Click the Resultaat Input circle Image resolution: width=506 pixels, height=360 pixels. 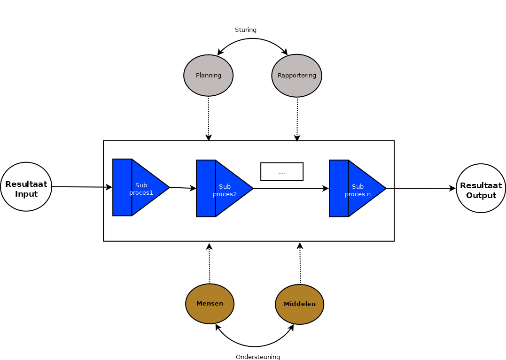coord(26,187)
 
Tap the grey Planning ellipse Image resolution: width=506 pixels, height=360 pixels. coord(208,76)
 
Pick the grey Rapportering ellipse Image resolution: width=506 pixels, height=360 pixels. coord(296,76)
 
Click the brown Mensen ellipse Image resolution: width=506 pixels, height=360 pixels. coord(210,304)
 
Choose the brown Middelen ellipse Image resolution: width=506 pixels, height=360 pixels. coord(299,304)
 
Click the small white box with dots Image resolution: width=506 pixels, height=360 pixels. coord(282,172)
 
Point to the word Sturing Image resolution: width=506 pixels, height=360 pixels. coord(246,30)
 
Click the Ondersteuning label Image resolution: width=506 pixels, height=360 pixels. coord(257,357)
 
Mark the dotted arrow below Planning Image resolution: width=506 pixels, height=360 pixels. coord(209,117)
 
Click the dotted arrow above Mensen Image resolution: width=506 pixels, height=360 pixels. coord(210,264)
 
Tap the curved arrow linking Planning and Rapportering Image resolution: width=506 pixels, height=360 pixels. coord(253,39)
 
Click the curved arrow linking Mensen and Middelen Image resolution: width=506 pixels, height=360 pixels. coord(255,346)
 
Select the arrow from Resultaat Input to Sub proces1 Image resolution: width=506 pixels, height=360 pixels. coord(82,187)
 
